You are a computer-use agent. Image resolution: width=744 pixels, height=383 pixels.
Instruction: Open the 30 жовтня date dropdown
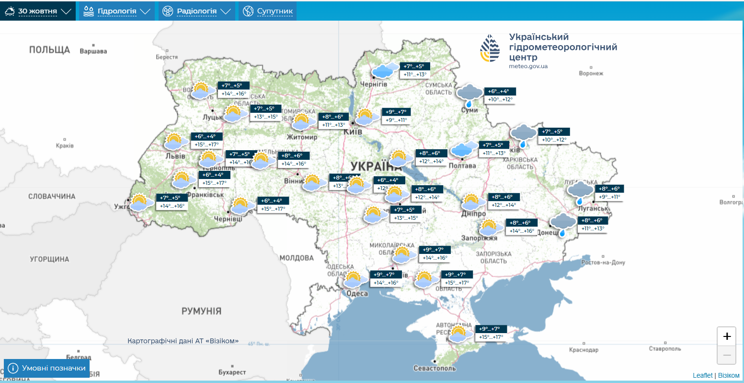click(38, 11)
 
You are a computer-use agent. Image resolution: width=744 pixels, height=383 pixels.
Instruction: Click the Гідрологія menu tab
click(116, 11)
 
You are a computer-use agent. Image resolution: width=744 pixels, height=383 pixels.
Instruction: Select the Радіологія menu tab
click(196, 11)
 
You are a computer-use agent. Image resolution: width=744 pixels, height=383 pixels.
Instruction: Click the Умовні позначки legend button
click(47, 368)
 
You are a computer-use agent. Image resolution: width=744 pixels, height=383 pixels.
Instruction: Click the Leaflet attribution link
click(702, 375)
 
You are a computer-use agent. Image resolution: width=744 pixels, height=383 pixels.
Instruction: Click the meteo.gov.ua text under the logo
click(528, 66)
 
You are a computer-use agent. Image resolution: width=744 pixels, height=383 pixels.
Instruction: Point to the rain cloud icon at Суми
click(469, 95)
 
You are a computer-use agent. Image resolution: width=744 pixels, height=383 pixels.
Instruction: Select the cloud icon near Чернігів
click(385, 71)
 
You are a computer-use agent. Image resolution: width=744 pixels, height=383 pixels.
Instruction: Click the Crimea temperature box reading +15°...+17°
click(491, 337)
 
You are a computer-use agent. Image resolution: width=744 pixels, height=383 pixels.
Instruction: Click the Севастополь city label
click(435, 368)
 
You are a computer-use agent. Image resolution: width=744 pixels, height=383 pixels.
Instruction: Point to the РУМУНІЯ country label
click(201, 311)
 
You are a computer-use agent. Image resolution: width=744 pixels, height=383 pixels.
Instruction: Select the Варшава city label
click(93, 51)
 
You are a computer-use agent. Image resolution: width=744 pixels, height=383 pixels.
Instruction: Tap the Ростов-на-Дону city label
click(603, 263)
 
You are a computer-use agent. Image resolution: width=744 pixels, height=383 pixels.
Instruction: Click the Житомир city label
click(302, 137)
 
